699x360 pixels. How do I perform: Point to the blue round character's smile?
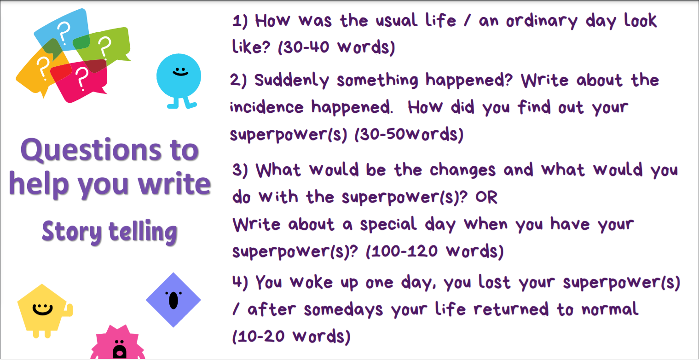(x=180, y=74)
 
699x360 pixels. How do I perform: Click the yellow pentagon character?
(x=44, y=311)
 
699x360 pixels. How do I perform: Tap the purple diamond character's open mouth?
(x=173, y=301)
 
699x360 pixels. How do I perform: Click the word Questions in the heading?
(x=91, y=150)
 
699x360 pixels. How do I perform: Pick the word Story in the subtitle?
(x=72, y=232)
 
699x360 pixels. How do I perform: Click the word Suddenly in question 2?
(x=291, y=80)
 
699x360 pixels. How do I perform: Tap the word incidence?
(x=266, y=107)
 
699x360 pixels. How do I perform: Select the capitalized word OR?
(x=486, y=197)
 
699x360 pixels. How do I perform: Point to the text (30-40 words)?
(x=336, y=47)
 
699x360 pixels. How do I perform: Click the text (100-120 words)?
(x=434, y=252)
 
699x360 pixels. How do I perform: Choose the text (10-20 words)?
(x=291, y=337)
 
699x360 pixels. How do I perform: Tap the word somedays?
(x=343, y=310)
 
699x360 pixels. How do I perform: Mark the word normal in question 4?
(x=610, y=309)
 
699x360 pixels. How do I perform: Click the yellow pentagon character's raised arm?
(x=68, y=310)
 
